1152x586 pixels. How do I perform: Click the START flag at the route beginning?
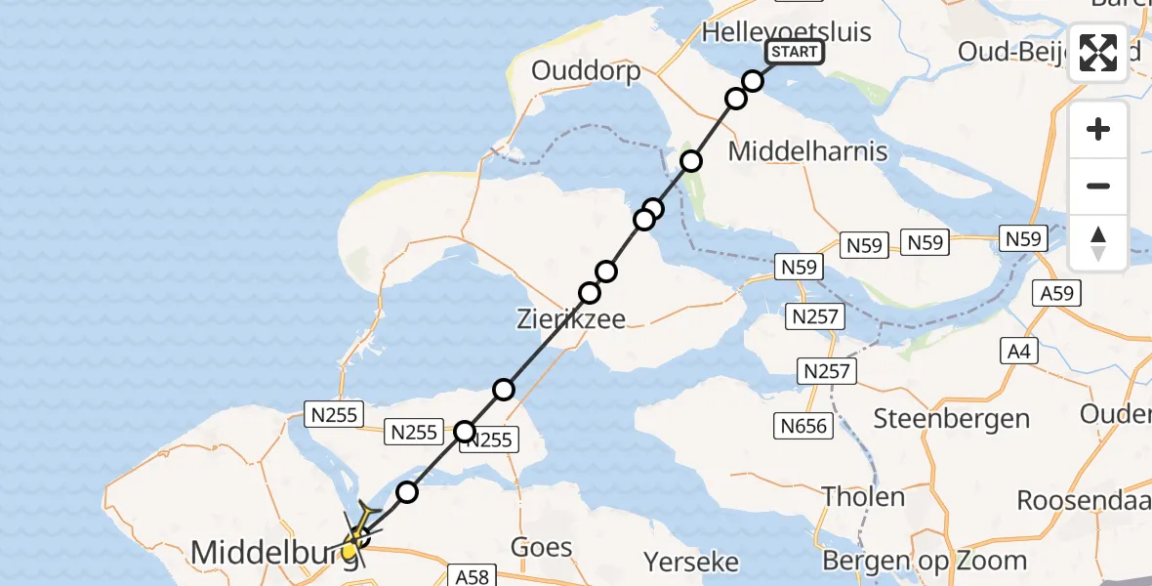point(795,52)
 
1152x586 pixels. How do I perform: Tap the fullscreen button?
point(1098,53)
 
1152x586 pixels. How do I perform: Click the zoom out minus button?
point(1098,186)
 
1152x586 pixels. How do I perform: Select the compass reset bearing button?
point(1098,243)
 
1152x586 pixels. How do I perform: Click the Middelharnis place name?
point(808,151)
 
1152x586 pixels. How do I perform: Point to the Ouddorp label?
point(586,70)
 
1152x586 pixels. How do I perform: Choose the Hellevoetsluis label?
point(772,30)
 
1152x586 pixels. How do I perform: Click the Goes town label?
point(541,547)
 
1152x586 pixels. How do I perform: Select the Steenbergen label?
point(952,419)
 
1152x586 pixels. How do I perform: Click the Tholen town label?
point(863,496)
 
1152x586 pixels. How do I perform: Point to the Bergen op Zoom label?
point(925,561)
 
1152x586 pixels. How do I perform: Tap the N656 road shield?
point(804,425)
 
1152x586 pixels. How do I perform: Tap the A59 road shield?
point(1054,293)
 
